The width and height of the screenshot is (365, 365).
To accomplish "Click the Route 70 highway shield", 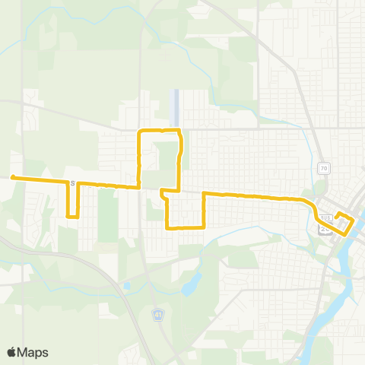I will click(x=323, y=167).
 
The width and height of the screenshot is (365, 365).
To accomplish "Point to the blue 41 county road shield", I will click(x=158, y=315).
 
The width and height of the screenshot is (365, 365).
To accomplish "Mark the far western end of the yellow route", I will click(x=13, y=178).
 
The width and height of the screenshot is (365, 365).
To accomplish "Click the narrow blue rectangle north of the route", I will click(x=176, y=107).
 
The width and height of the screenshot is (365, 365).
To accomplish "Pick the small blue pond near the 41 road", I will click(x=128, y=287).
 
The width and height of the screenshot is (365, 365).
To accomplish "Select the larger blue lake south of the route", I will click(x=189, y=283).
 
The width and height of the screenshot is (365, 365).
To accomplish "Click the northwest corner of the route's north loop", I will click(x=138, y=132).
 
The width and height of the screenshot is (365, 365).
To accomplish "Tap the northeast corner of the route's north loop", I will click(x=179, y=132).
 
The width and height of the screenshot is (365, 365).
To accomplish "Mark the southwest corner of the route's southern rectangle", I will click(x=167, y=227).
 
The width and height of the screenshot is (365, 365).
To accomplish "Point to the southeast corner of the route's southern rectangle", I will click(x=204, y=227).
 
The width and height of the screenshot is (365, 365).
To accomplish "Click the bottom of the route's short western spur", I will click(x=73, y=217).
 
